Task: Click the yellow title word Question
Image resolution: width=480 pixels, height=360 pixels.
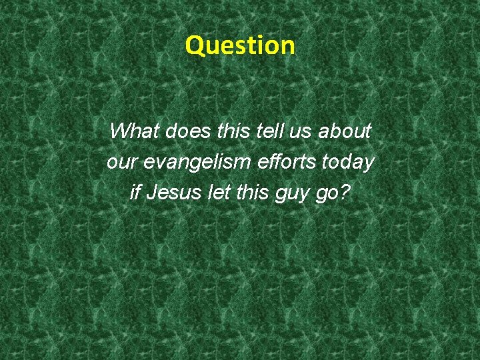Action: pos(240,45)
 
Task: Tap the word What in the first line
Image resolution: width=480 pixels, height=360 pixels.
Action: pos(134,131)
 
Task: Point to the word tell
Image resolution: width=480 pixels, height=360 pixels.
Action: pos(269,131)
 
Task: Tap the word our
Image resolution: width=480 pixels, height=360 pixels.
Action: pos(121,162)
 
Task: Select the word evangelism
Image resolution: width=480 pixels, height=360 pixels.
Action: pos(195,162)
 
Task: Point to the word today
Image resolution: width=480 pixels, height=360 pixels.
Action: pos(349,162)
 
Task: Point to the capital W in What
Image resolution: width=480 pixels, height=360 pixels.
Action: pos(120,131)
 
